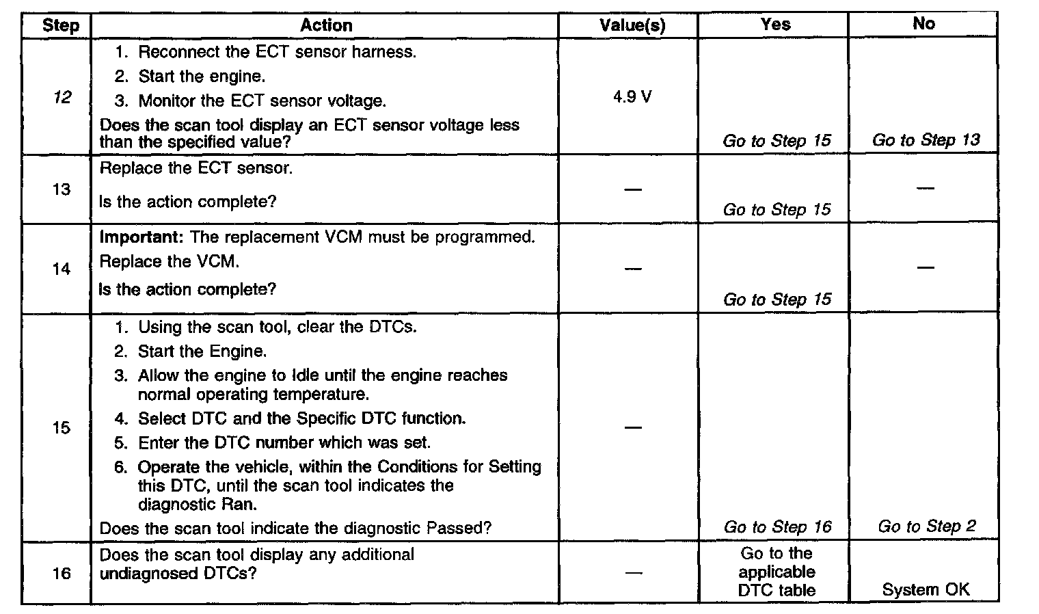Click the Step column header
click(x=61, y=26)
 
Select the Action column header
click(x=326, y=25)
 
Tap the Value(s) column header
click(x=632, y=26)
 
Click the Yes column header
click(x=775, y=24)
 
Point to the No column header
click(x=923, y=23)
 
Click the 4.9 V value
click(x=632, y=97)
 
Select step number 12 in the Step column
click(x=62, y=98)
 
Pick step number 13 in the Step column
click(x=62, y=189)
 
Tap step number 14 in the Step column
click(x=62, y=269)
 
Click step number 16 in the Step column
click(x=62, y=573)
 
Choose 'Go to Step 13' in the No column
click(x=926, y=140)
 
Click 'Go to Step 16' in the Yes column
click(x=777, y=526)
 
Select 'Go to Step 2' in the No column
click(x=926, y=526)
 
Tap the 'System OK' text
click(x=926, y=589)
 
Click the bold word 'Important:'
click(x=142, y=237)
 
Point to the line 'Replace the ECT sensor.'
click(x=196, y=168)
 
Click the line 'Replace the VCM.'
click(x=170, y=262)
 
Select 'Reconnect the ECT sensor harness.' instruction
click(x=277, y=52)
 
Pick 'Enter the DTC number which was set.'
click(x=284, y=442)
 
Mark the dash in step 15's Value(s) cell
click(x=633, y=428)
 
